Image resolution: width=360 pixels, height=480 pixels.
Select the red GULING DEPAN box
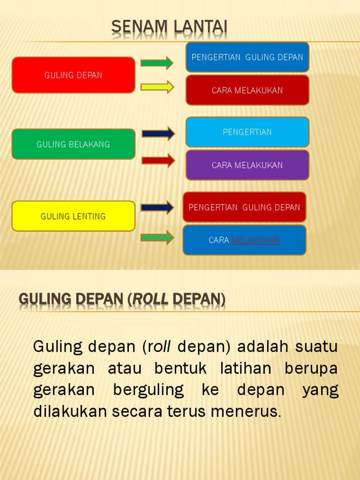[x=73, y=75]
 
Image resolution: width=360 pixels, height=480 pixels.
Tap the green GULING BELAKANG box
[x=73, y=144]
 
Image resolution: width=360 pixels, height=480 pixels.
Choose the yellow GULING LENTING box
[x=73, y=216]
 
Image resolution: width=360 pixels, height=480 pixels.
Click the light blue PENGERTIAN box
[x=247, y=132]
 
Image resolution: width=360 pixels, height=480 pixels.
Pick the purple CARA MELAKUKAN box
[x=247, y=165]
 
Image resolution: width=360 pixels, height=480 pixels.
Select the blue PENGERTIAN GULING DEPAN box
[x=247, y=57]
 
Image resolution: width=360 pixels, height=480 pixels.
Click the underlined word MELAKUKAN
[x=255, y=240]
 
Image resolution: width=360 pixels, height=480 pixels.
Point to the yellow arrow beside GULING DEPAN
[x=157, y=87]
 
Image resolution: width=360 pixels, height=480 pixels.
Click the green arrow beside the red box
[x=157, y=62]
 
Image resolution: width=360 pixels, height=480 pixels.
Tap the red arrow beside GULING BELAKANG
[x=158, y=161]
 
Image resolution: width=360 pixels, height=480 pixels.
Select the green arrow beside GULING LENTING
[x=157, y=238]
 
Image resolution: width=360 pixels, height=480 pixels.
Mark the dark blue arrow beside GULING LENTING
[x=157, y=207]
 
